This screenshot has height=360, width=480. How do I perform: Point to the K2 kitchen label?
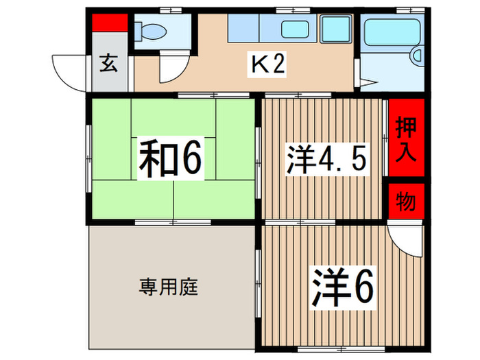tap(267, 64)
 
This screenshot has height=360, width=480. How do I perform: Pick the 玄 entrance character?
tap(109, 64)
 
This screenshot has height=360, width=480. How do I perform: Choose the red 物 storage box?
tap(407, 202)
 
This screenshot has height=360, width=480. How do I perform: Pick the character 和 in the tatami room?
tap(154, 158)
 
